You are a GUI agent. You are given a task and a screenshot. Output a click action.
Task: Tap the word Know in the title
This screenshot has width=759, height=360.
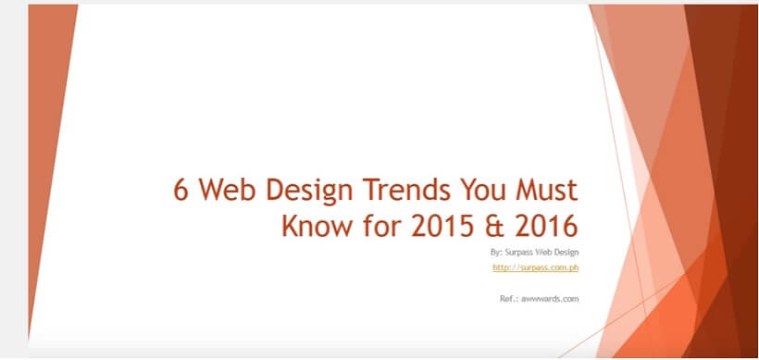point(314,225)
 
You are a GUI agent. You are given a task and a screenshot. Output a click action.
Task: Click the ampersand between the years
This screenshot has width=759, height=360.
point(496,225)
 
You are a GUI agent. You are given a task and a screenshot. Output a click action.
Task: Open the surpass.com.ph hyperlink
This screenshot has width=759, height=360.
point(536,267)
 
